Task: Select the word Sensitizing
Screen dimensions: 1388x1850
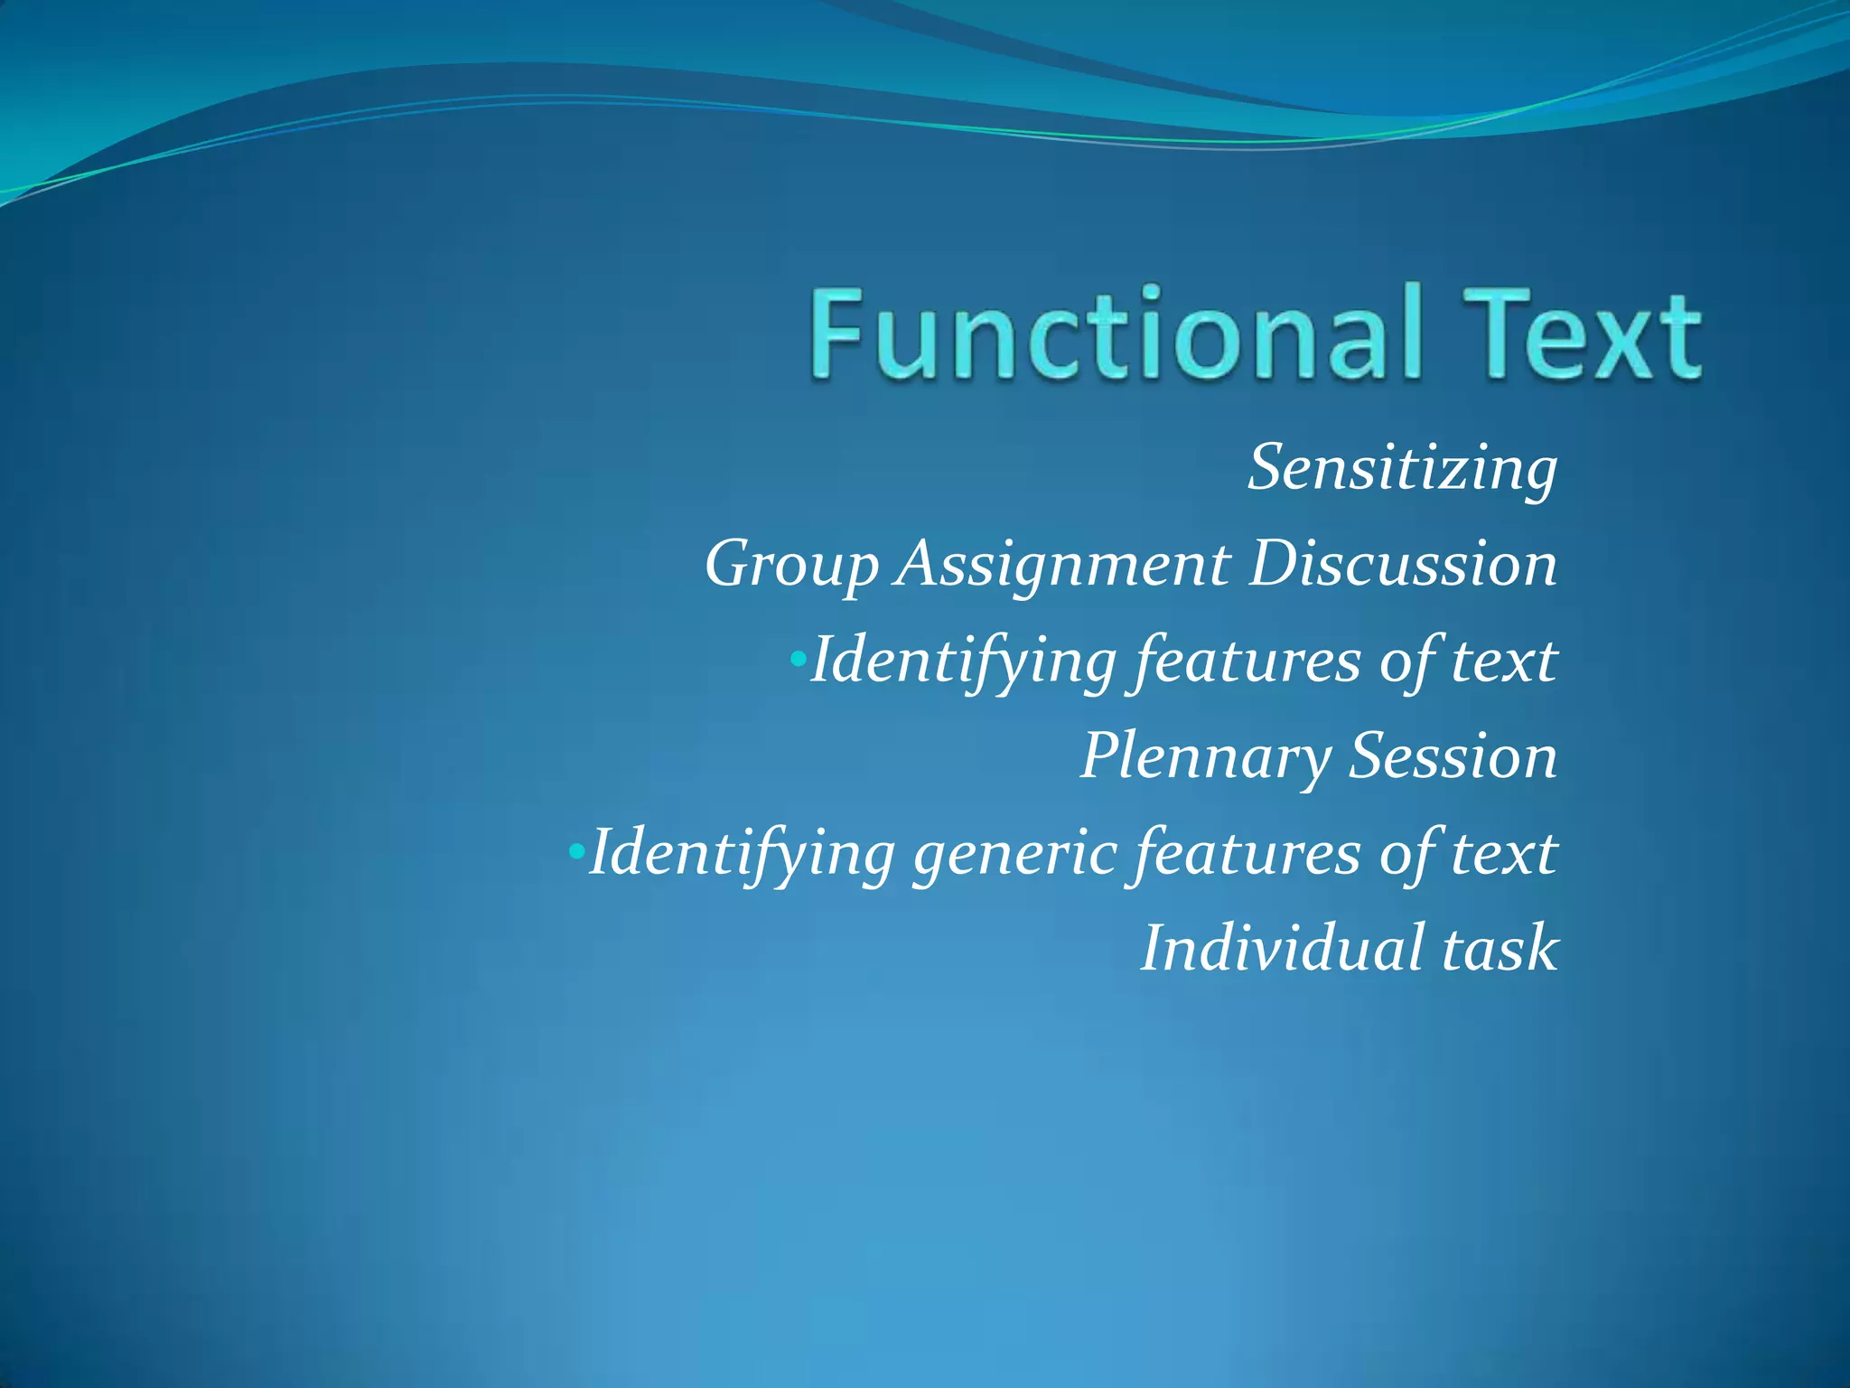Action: click(1403, 469)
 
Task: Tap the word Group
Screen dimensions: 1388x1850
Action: click(791, 566)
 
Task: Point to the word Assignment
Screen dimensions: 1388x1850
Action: click(1063, 564)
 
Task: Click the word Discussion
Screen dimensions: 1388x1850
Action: click(1404, 564)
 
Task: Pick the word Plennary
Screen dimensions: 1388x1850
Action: click(1205, 757)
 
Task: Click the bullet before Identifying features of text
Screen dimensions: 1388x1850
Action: click(797, 659)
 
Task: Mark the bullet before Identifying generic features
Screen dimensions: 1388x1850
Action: click(576, 851)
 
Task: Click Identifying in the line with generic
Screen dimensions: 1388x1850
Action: click(742, 854)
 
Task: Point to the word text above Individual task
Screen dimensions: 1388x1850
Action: click(1504, 853)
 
